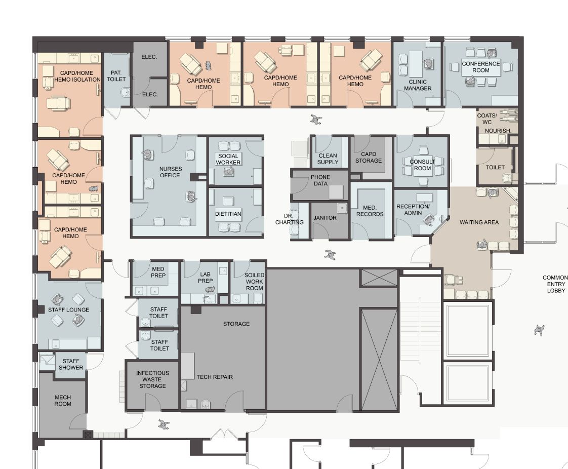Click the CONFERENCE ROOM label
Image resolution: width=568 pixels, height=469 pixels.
tap(481, 67)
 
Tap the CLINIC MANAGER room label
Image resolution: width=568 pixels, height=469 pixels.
tap(418, 85)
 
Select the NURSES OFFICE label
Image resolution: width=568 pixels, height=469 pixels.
tap(170, 172)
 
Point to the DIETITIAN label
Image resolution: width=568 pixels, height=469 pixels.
tap(228, 214)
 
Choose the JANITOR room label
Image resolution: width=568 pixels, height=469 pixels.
tap(325, 218)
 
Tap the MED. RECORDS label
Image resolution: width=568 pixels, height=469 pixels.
tap(370, 211)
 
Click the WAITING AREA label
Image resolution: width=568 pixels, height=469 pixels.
tap(479, 222)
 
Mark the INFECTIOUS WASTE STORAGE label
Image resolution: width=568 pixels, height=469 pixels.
tap(152, 379)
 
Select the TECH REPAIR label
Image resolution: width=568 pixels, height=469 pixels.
tap(215, 377)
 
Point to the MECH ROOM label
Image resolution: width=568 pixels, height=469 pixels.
tap(63, 401)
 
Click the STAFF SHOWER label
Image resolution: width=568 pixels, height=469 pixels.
tap(71, 364)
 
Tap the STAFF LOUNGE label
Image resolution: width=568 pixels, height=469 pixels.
tap(68, 310)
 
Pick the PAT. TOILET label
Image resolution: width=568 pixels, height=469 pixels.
tap(116, 76)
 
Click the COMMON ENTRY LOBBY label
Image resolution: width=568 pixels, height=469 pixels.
tap(556, 284)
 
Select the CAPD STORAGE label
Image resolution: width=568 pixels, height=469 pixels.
tap(369, 158)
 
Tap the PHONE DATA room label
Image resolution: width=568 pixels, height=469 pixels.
tap(320, 180)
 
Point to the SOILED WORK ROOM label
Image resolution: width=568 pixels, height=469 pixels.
tap(254, 282)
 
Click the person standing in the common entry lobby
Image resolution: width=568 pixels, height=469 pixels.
tap(539, 330)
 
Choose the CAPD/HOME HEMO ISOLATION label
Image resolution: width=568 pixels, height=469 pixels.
tap(77, 76)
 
